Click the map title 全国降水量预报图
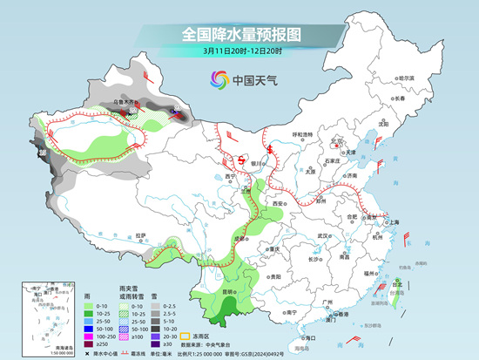[x=239, y=35]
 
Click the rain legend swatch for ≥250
[x=89, y=344]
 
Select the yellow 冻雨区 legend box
[x=184, y=334]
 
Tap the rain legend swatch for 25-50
[x=89, y=317]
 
